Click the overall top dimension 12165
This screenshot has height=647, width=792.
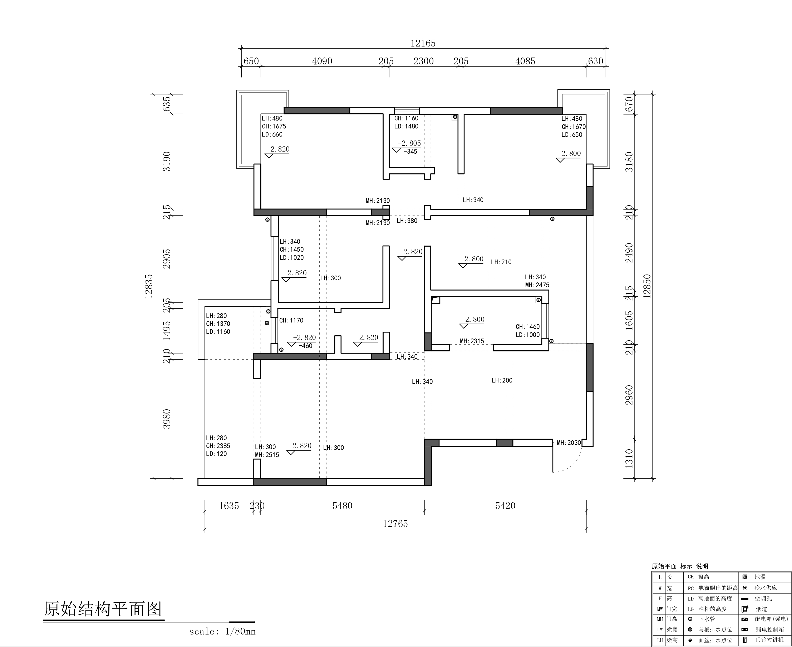pos(423,43)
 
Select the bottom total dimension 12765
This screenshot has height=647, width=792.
pos(395,524)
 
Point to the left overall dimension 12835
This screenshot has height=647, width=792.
pos(149,286)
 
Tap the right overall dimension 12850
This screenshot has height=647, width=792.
pos(647,286)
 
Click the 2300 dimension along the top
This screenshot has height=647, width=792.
pos(423,61)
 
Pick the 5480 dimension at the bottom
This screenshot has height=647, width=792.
pos(342,506)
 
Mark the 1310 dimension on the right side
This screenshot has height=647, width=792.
pos(629,458)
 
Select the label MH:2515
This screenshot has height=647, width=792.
pos(267,455)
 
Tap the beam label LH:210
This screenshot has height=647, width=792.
pos(501,262)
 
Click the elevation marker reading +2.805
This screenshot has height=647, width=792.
pos(409,143)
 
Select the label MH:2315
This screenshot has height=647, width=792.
pos(472,341)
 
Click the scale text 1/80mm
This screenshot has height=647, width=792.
pos(240,631)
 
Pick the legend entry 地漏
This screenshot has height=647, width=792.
pos(760,577)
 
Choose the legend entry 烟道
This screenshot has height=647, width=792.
pos(761,609)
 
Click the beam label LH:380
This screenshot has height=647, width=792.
pos(407,221)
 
